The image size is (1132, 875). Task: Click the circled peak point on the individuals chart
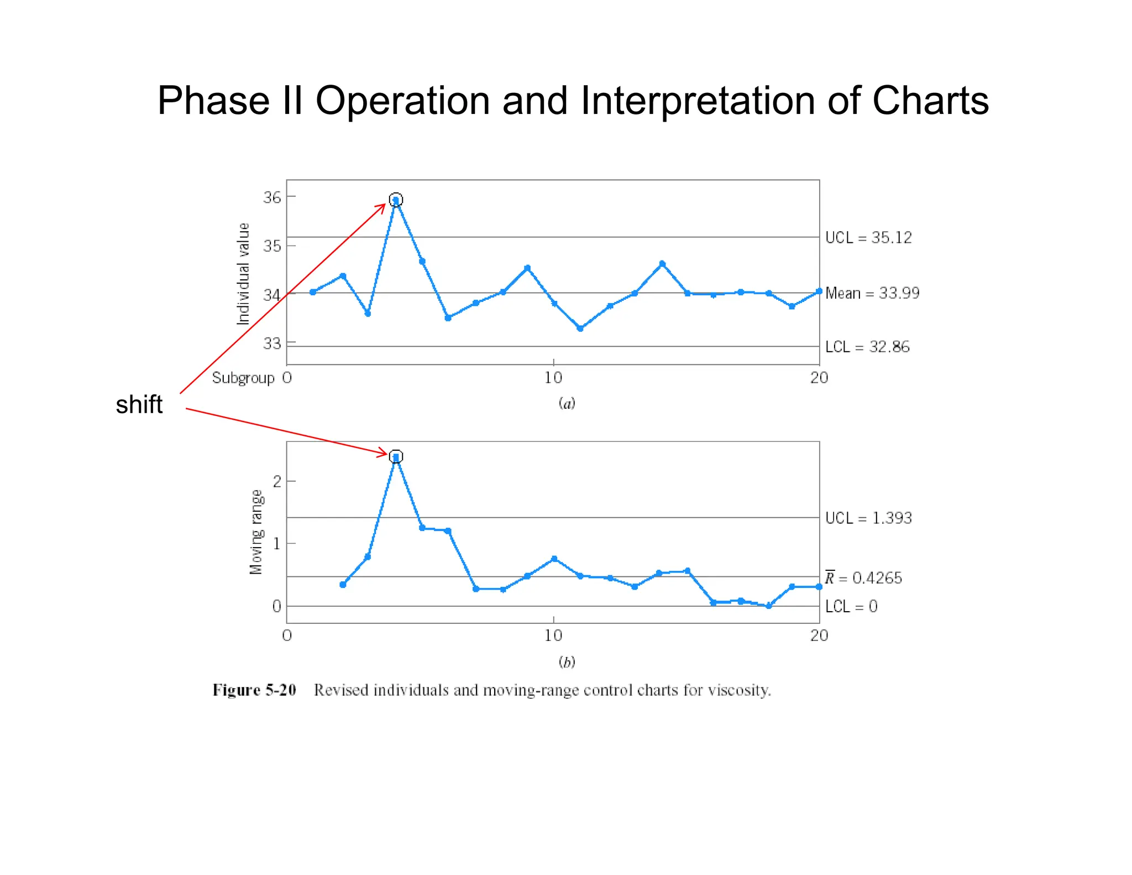[x=396, y=200]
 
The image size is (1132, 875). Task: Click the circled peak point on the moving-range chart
[x=396, y=457]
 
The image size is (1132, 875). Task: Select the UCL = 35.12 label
[x=868, y=237]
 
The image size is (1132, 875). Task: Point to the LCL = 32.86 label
[x=867, y=347]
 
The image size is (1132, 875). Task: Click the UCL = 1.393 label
[x=868, y=518]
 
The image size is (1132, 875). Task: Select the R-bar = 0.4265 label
[x=863, y=578]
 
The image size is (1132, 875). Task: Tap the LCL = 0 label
[x=851, y=607]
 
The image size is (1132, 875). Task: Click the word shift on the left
[x=139, y=405]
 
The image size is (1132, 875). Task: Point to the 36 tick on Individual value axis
[x=272, y=197]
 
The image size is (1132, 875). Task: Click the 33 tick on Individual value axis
[x=272, y=343]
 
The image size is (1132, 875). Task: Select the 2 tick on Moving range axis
[x=277, y=481]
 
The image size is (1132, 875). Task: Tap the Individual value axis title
[x=243, y=274]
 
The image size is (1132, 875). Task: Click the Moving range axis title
[x=256, y=532]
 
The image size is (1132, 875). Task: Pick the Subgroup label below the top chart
[x=243, y=378]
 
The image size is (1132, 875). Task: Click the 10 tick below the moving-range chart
[x=553, y=636]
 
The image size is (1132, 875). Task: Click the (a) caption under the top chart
[x=567, y=403]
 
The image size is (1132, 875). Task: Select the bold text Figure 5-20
[x=254, y=690]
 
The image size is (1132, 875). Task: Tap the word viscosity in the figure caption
[x=739, y=690]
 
